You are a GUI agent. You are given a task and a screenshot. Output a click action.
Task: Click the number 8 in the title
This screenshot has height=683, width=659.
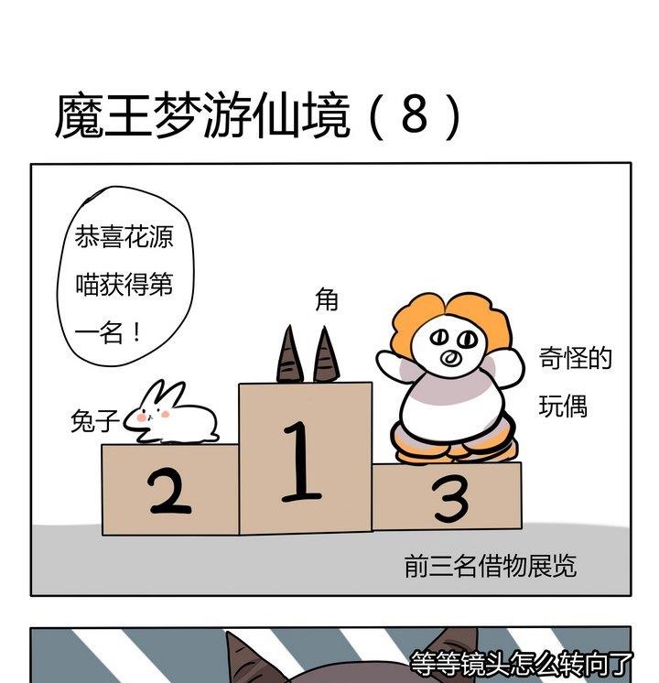pyautogui.click(x=414, y=115)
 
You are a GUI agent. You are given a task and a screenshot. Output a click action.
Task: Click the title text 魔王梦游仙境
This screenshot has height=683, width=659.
pyautogui.click(x=202, y=116)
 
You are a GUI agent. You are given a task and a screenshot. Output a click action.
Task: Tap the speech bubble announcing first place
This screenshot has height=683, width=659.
pyautogui.click(x=123, y=284)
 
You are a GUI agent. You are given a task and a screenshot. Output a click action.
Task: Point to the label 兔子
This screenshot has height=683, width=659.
pyautogui.click(x=95, y=421)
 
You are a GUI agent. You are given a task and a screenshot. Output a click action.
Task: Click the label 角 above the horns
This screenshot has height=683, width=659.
pyautogui.click(x=327, y=299)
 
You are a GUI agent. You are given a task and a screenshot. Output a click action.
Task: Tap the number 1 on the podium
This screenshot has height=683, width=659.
pyautogui.click(x=301, y=462)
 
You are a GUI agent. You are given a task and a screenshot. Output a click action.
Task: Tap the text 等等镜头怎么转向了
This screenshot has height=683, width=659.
pyautogui.click(x=522, y=662)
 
